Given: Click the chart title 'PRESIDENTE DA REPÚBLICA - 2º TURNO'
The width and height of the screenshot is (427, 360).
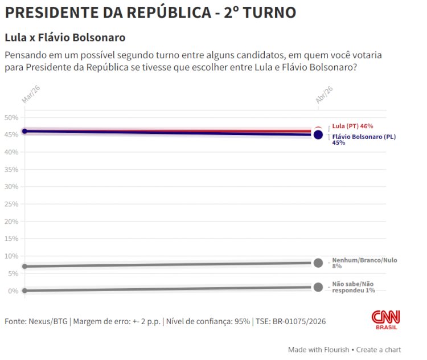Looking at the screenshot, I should [x=150, y=13].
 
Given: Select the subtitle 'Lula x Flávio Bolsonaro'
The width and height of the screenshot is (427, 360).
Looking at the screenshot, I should [x=65, y=38].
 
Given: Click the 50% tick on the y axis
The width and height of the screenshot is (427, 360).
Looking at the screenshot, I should [x=12, y=118].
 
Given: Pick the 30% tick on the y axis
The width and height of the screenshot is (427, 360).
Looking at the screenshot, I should [x=12, y=187].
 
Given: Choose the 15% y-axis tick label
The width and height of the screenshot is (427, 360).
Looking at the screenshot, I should [x=12, y=239].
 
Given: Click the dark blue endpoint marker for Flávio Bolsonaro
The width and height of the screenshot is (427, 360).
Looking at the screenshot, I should [x=318, y=135].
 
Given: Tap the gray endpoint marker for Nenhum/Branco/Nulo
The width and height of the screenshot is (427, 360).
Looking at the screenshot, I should [x=318, y=263].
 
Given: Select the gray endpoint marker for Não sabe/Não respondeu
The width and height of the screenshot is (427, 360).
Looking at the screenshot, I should [x=318, y=287].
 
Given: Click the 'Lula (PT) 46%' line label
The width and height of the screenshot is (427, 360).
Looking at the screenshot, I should [x=352, y=126].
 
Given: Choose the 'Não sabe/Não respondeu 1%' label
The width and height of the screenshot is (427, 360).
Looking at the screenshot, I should [x=353, y=287].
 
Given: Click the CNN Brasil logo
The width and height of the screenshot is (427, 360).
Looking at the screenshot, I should [x=385, y=320].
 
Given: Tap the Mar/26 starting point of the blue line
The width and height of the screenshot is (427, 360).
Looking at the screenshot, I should [x=24, y=132].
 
